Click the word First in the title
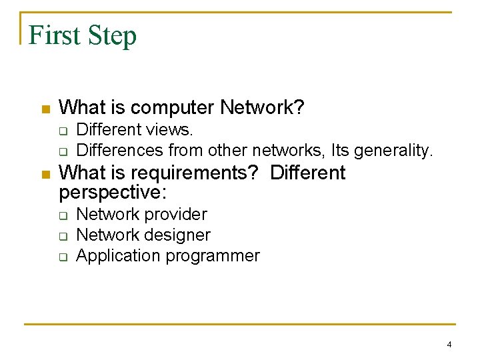click(x=54, y=35)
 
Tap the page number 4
click(x=449, y=345)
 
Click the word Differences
click(x=120, y=150)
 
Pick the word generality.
click(x=394, y=151)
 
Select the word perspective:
click(x=113, y=193)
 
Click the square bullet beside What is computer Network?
click(x=45, y=109)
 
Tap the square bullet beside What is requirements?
click(x=45, y=175)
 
